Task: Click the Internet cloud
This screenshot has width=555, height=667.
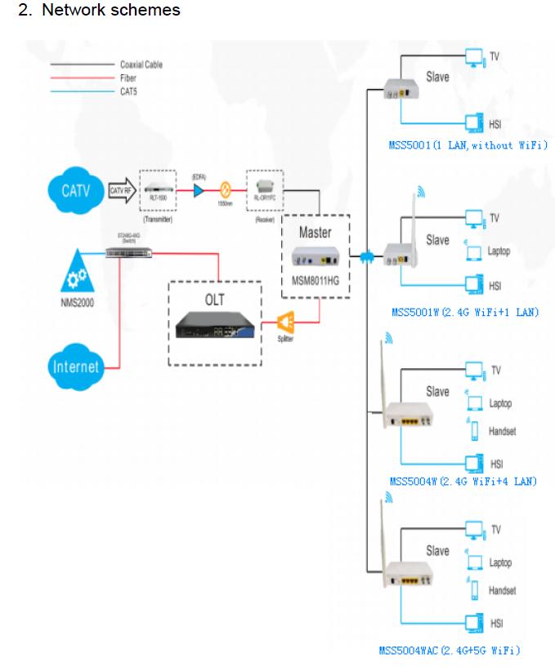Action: [x=75, y=366]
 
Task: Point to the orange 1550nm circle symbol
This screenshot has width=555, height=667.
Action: [x=224, y=189]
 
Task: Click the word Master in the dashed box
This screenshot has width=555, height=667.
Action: [x=315, y=232]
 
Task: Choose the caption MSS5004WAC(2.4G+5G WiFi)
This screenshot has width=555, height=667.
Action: [x=449, y=651]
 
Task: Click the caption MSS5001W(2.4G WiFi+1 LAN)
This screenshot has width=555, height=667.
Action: [x=464, y=313]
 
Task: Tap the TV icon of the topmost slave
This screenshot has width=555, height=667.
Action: [x=473, y=56]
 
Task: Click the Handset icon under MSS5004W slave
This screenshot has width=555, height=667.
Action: [x=473, y=430]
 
